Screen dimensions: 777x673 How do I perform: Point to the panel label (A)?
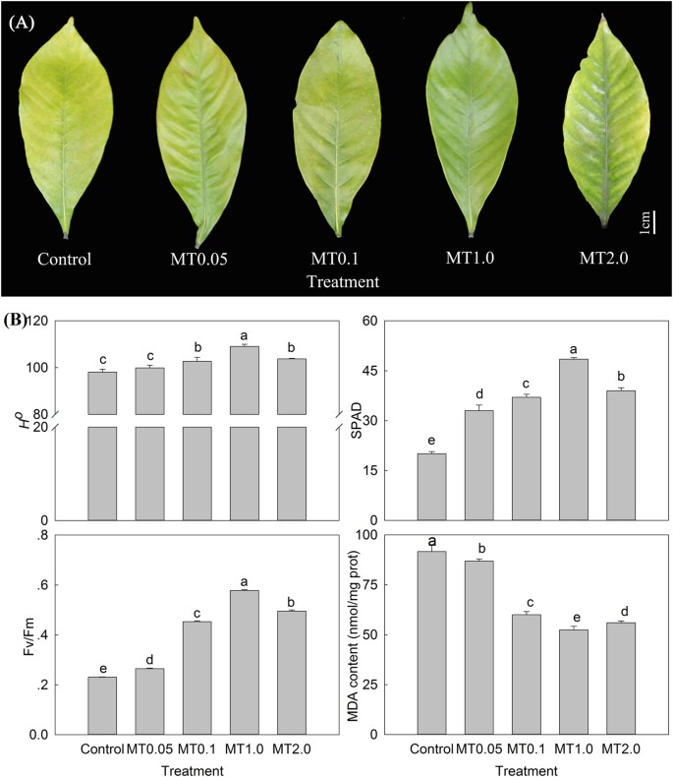pos(23,21)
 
